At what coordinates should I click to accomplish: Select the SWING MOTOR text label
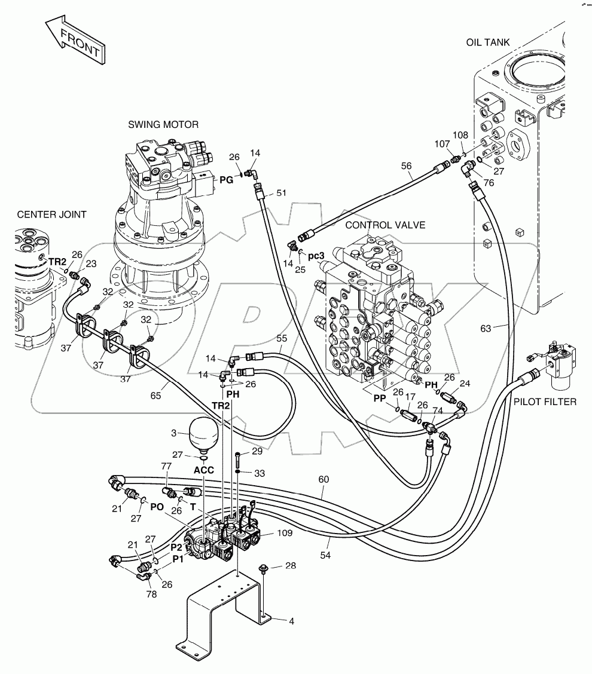click(x=163, y=124)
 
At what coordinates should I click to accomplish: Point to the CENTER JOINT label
click(x=51, y=214)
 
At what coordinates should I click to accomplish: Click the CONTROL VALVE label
click(x=385, y=225)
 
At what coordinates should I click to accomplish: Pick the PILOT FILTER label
click(x=545, y=402)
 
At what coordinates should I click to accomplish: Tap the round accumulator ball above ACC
click(x=203, y=433)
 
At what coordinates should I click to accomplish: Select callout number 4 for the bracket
click(x=291, y=621)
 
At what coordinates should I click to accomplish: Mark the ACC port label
click(x=203, y=470)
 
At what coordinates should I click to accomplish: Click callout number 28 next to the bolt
click(x=291, y=565)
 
